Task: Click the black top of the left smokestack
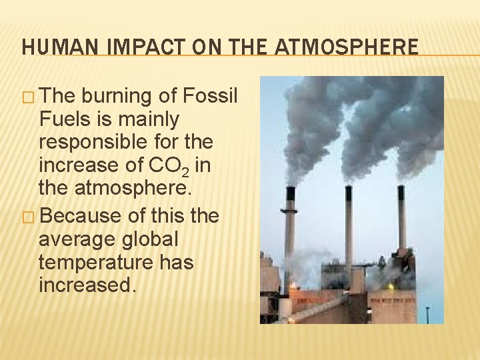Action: (x=290, y=194)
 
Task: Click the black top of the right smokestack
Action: (x=401, y=193)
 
